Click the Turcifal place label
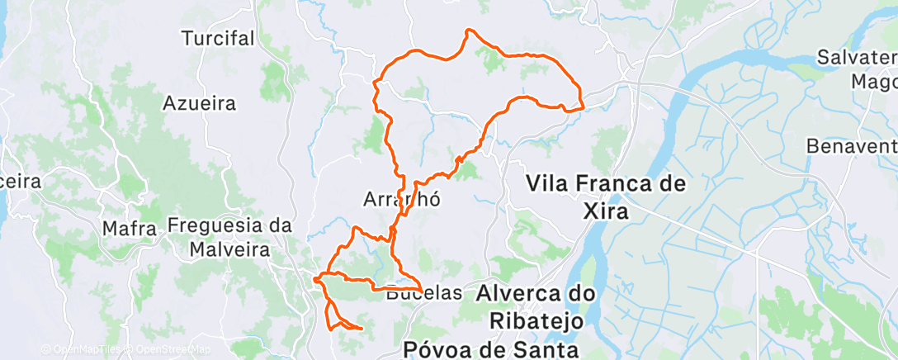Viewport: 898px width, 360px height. (218, 38)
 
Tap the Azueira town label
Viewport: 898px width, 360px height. (200, 103)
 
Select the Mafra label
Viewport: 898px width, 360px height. (130, 229)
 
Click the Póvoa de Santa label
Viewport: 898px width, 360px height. (489, 349)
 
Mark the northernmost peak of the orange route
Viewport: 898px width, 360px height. (469, 31)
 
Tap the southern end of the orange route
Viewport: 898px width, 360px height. (362, 329)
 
